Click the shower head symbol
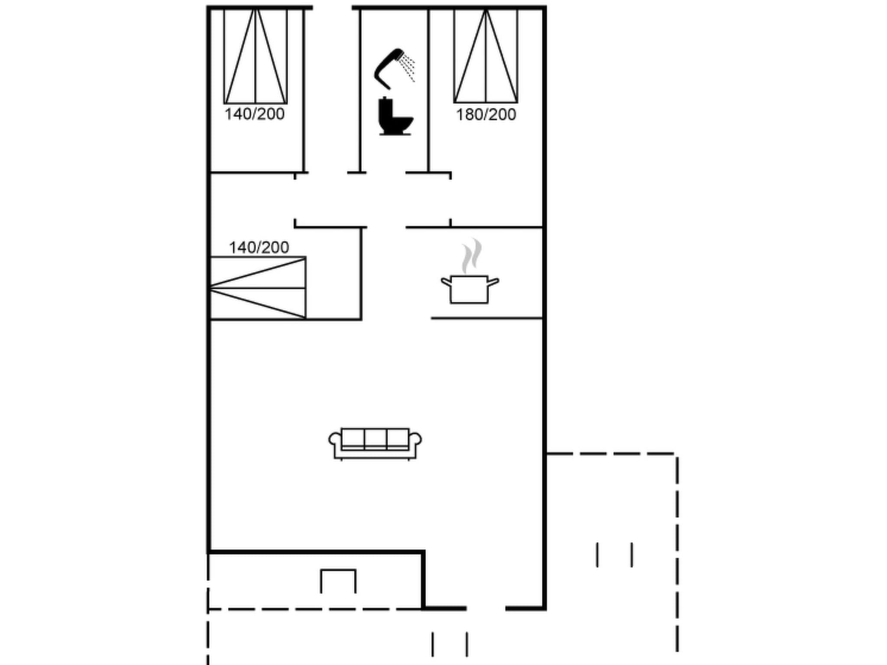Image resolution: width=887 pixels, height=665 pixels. pos(389,68)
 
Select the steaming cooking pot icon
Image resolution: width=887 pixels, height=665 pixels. pos(470,287)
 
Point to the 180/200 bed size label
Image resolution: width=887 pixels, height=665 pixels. pos(486,115)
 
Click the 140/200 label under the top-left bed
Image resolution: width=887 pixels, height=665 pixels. pos(255,114)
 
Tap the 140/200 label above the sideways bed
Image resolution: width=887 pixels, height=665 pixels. pos(259,248)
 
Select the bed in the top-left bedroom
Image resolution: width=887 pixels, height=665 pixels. pos(256,56)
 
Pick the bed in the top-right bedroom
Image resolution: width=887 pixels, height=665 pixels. pos(486,56)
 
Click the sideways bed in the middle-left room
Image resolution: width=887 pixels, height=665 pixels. pos(258,288)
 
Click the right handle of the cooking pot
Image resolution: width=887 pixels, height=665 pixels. pos(493,282)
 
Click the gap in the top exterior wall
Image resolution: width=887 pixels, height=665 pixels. pos(332,8)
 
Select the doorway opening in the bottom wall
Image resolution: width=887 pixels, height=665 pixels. pos(486,608)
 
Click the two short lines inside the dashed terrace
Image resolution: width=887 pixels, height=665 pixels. pos(615,555)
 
